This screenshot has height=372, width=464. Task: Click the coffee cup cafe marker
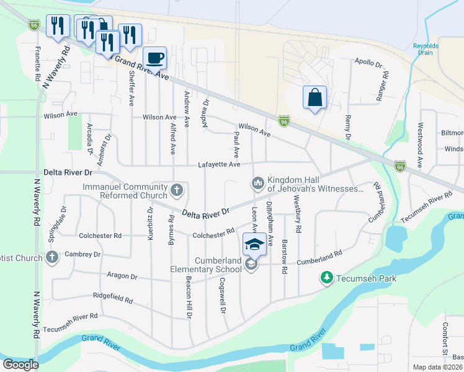pyautogui.click(x=155, y=58)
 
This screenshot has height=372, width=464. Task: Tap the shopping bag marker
pyautogui.click(x=315, y=97)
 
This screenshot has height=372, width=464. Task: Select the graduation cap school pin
pyautogui.click(x=254, y=244)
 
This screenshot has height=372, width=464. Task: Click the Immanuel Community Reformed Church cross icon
pyautogui.click(x=177, y=190)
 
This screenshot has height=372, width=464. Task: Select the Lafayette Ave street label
pyautogui.click(x=218, y=164)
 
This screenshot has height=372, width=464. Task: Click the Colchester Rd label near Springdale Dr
pyautogui.click(x=100, y=236)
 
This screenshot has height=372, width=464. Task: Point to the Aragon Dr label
pyautogui.click(x=121, y=276)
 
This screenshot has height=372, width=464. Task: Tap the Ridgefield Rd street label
pyautogui.click(x=112, y=299)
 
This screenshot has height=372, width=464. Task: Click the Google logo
pyautogui.click(x=20, y=365)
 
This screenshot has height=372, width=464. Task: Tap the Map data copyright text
pyautogui.click(x=438, y=367)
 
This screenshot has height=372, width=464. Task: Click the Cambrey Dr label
pyautogui.click(x=83, y=254)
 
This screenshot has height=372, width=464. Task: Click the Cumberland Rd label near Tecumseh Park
pyautogui.click(x=319, y=254)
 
